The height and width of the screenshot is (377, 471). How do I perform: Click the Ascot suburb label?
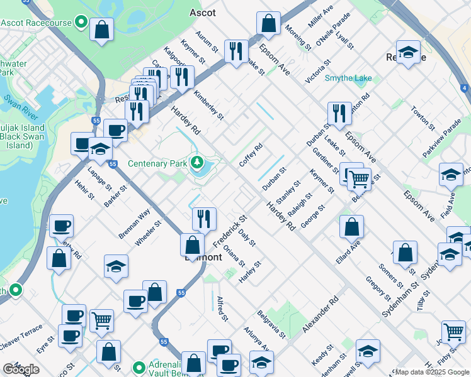pyautogui.click(x=203, y=13)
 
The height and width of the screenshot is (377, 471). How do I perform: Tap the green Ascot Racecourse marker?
pyautogui.click(x=81, y=23)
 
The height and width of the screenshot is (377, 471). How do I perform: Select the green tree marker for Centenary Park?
pyautogui.click(x=197, y=163)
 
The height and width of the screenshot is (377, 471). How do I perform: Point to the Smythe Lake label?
pyautogui.click(x=348, y=79)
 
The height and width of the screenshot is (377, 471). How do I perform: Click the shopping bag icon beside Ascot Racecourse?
pyautogui.click(x=101, y=29)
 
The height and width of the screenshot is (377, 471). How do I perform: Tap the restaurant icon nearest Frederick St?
pyautogui.click(x=203, y=218)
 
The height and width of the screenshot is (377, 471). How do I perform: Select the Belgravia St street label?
pyautogui.click(x=271, y=324)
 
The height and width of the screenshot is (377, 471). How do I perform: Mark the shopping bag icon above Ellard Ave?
pyautogui.click(x=351, y=227)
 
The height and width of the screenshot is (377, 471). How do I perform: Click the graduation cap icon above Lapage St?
pyautogui.click(x=100, y=150)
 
